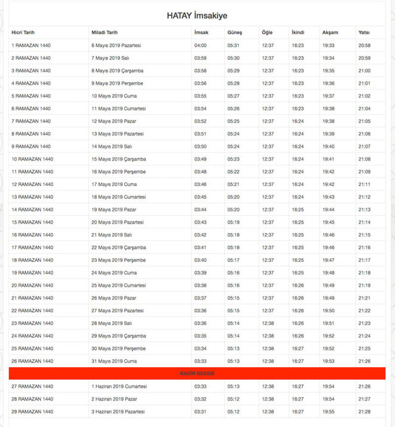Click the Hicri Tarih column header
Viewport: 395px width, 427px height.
24,32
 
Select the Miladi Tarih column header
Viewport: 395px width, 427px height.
104,32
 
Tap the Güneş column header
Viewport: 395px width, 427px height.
235,32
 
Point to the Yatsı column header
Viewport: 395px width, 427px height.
364,32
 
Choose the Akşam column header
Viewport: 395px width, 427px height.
330,32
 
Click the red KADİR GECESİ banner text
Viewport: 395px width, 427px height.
197,374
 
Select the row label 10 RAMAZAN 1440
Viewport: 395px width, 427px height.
32,159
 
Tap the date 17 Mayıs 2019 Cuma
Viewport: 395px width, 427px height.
114,184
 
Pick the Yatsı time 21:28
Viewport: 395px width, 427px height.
364,412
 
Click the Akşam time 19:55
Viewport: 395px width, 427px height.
328,412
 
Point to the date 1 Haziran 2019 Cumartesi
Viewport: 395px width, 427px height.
119,386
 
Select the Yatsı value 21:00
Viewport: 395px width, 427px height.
364,70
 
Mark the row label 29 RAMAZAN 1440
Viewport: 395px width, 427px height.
32,412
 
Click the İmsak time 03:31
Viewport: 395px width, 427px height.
200,412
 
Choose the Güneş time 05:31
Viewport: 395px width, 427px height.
233,45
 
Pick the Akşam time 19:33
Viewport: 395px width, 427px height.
328,45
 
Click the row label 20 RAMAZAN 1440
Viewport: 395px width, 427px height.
32,285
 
